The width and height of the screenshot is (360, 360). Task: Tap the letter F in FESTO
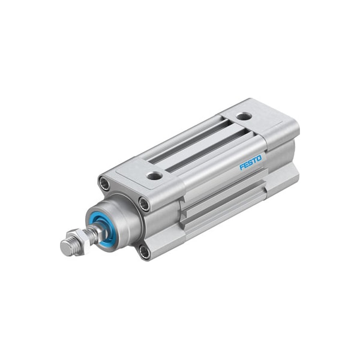click(x=242, y=166)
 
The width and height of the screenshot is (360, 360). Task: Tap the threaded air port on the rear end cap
click(x=242, y=116)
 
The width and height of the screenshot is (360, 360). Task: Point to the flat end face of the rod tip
click(x=65, y=245)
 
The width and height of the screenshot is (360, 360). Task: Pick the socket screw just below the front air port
click(x=145, y=203)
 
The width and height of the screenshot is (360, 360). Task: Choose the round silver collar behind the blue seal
click(x=120, y=216)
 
